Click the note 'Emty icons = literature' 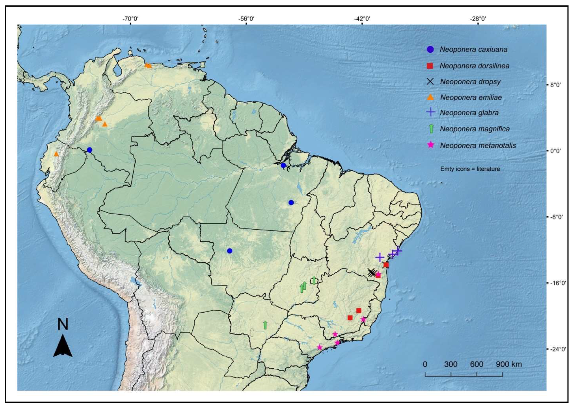pos(470,169)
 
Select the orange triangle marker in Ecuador pos(56,154)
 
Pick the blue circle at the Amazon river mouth pos(283,165)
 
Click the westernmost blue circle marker pos(89,150)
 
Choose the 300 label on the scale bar pos(451,364)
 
